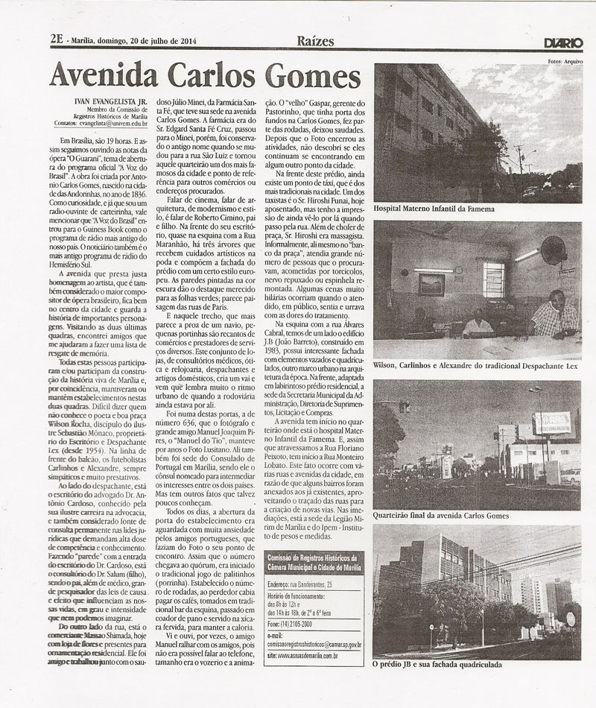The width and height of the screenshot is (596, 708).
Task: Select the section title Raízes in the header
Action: point(314,41)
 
